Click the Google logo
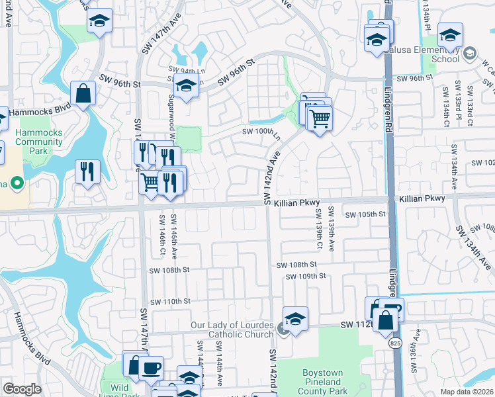tap(22, 389)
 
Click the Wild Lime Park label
tap(120, 391)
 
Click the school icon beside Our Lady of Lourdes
tap(295, 318)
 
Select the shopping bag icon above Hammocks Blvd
tap(85, 94)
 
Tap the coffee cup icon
tap(152, 367)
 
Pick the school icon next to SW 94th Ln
tap(186, 85)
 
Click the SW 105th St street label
tap(365, 214)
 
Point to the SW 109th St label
tap(305, 276)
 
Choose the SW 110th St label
tap(169, 301)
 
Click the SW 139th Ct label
tap(319, 230)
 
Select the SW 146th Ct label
tap(161, 236)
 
